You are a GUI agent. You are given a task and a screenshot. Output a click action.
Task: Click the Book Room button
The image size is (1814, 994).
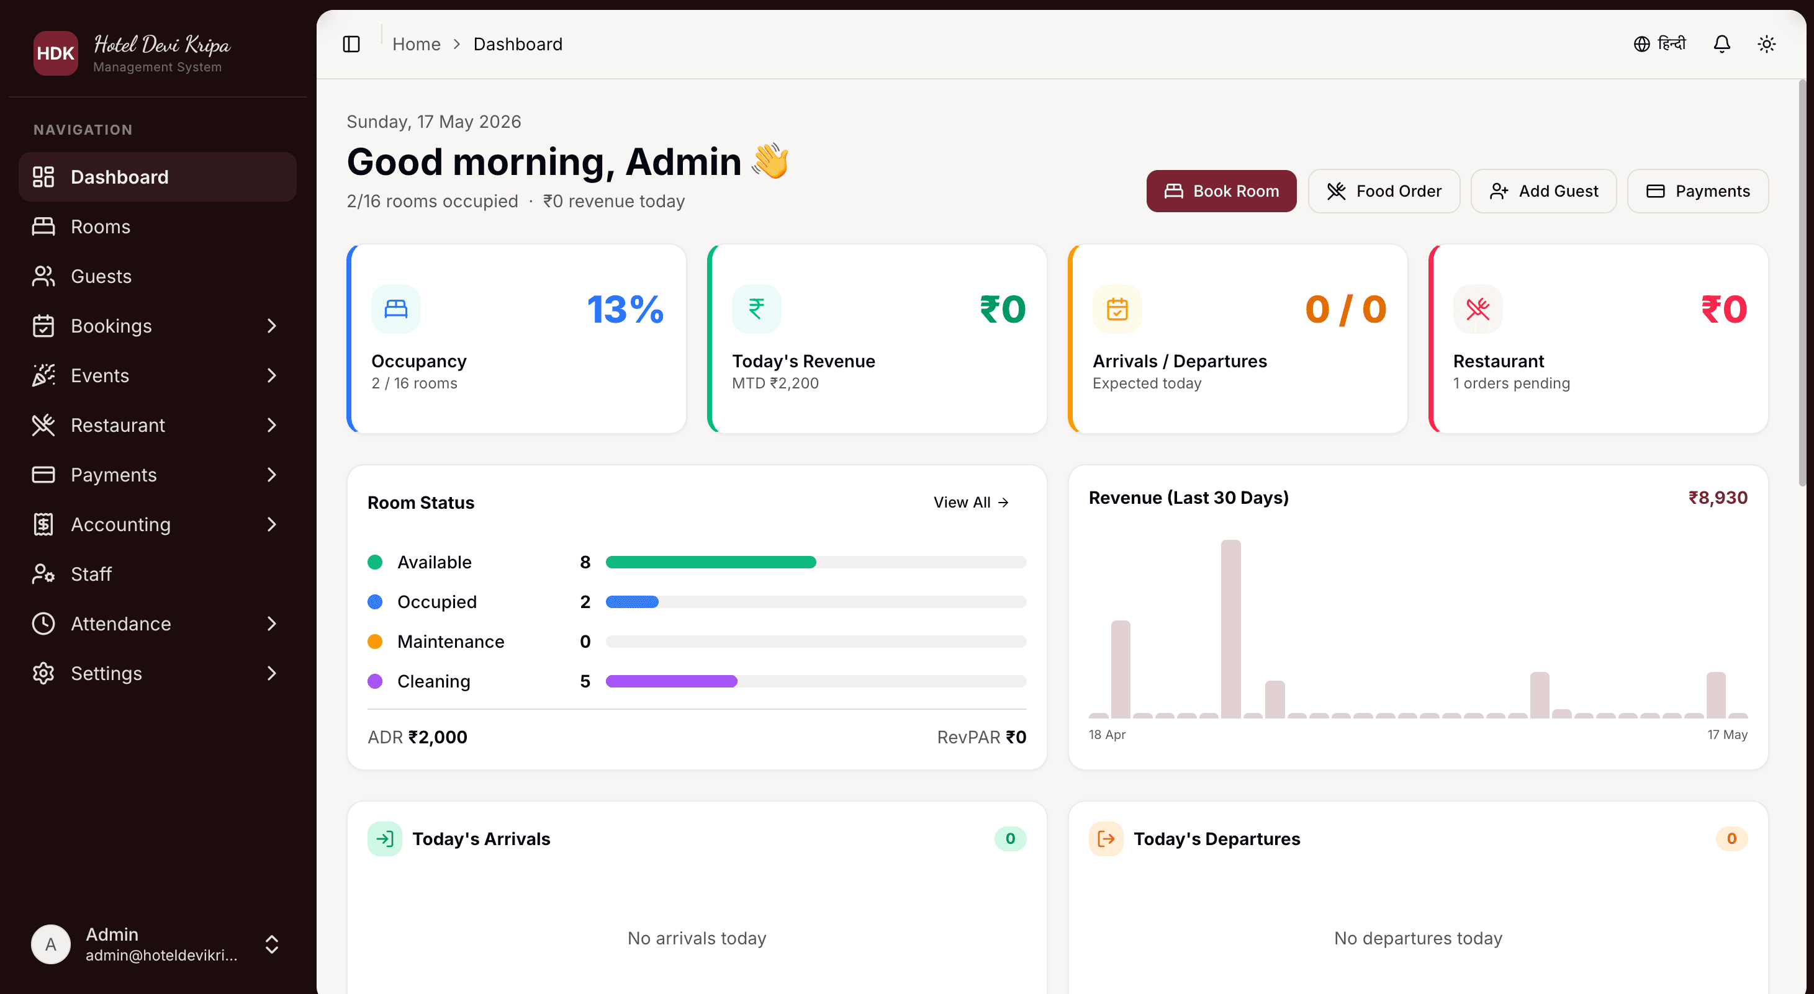point(1221,190)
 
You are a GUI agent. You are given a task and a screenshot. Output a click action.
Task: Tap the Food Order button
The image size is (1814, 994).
point(1384,190)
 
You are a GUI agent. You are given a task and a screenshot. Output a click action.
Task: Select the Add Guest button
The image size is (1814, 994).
point(1543,190)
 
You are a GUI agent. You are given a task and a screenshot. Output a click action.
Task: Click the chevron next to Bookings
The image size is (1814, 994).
point(272,326)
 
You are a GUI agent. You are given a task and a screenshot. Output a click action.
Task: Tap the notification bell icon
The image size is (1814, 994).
point(1721,44)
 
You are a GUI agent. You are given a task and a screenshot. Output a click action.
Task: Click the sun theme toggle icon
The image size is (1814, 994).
point(1767,44)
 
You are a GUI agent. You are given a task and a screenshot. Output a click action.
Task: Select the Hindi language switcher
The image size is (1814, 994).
point(1660,44)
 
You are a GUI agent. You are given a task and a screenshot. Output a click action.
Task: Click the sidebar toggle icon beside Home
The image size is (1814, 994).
point(351,44)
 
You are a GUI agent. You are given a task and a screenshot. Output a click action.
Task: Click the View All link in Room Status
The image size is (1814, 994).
point(971,502)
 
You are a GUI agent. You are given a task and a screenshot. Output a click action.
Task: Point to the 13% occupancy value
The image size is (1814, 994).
point(625,309)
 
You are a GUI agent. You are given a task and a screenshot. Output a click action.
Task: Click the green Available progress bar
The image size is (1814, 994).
point(711,562)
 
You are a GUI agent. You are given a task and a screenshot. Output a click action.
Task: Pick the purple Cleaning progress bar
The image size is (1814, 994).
point(671,681)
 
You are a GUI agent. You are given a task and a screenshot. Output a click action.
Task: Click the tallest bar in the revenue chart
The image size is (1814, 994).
point(1231,629)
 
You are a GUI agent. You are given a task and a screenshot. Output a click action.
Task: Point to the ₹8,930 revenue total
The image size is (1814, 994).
point(1718,498)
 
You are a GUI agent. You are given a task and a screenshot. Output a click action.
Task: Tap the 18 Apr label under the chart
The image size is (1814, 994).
point(1107,734)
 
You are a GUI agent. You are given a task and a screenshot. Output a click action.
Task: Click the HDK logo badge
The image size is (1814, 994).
point(56,53)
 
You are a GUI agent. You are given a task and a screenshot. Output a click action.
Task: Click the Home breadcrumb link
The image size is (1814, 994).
point(416,44)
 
